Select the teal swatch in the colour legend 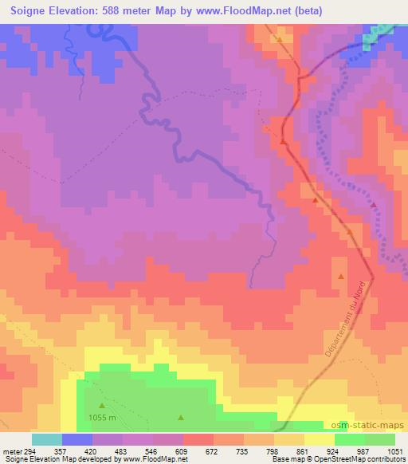coord(47,439)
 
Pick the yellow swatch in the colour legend coord(319,439)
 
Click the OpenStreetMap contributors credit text coord(364,459)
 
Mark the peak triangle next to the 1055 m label coord(100,406)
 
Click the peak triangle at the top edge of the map coord(280,38)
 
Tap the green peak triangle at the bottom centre coord(180,416)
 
